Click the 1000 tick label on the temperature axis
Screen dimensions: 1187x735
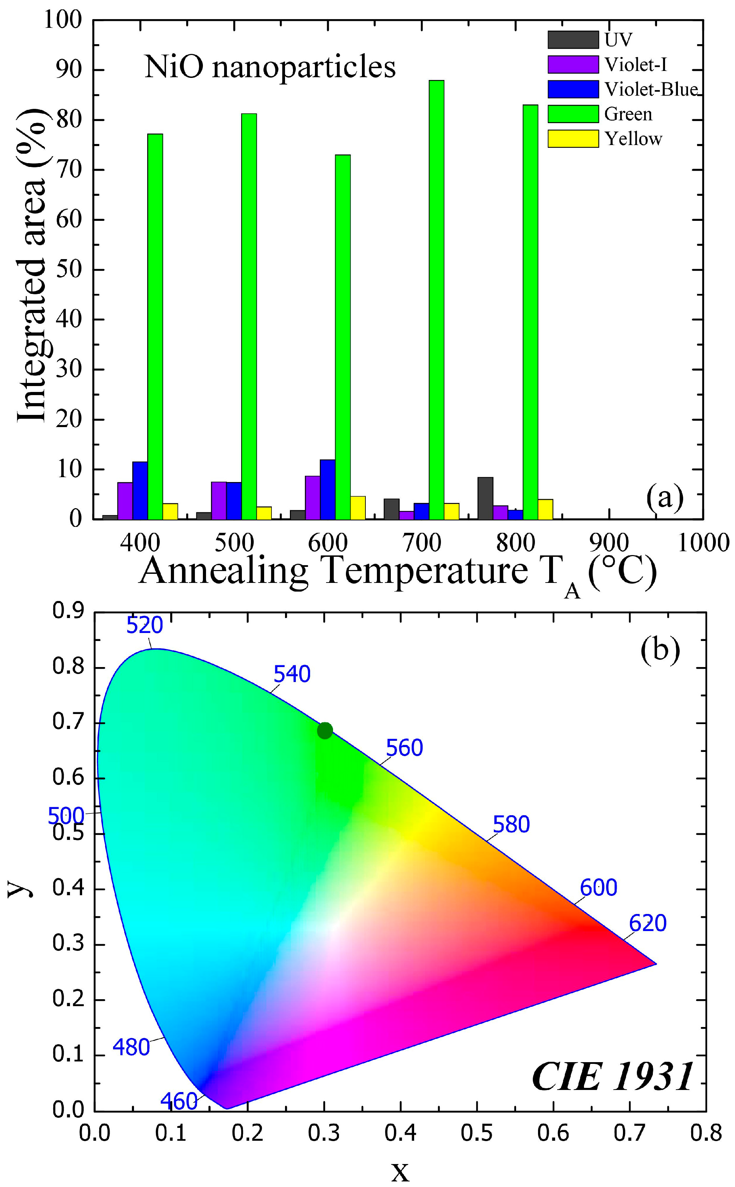coord(702,543)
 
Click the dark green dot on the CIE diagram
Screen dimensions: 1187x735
coord(325,730)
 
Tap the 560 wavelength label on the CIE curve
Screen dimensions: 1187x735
coord(404,748)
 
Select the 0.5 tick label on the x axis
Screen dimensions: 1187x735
coord(476,1133)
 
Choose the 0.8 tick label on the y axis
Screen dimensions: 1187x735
coord(68,668)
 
